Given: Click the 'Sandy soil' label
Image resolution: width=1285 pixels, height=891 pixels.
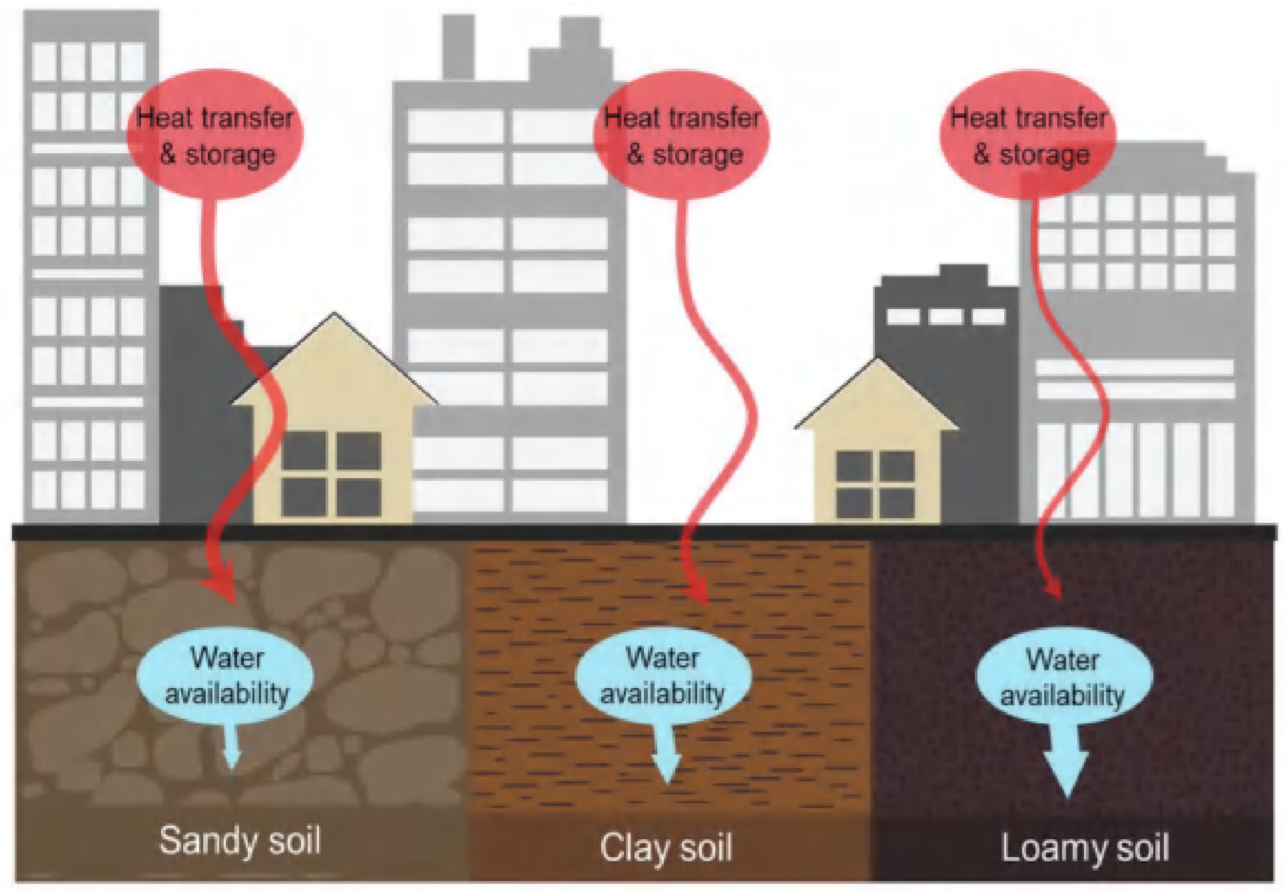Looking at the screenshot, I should pyautogui.click(x=240, y=840).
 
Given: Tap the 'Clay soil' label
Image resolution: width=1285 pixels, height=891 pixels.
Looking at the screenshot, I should pyautogui.click(x=666, y=848).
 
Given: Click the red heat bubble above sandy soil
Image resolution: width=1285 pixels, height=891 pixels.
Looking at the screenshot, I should pyautogui.click(x=215, y=137).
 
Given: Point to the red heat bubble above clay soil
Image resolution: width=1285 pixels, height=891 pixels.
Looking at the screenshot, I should pyautogui.click(x=681, y=137).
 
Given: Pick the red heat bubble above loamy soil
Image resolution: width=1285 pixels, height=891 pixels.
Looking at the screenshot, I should pyautogui.click(x=1027, y=137).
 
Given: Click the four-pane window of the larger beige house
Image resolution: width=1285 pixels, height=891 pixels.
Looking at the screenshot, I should pyautogui.click(x=331, y=473).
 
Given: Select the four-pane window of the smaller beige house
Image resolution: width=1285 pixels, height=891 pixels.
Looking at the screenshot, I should pyautogui.click(x=875, y=484).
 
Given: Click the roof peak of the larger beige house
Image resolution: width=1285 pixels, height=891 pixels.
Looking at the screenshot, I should pyautogui.click(x=334, y=316).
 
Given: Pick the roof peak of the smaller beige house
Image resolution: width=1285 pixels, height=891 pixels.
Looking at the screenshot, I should pyautogui.click(x=878, y=361).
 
